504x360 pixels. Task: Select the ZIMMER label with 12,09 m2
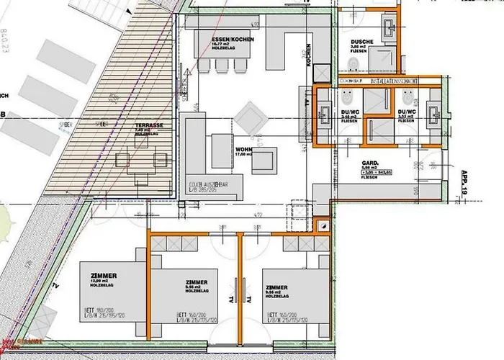pyautogui.click(x=104, y=277)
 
